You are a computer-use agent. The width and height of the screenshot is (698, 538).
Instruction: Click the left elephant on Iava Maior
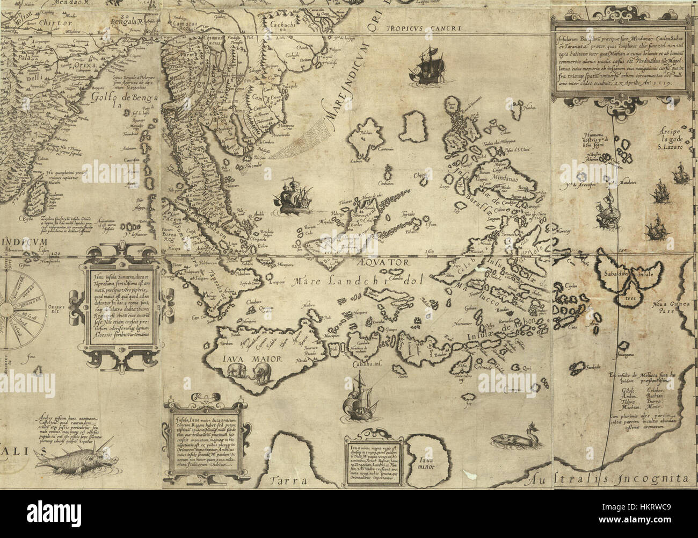237,372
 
